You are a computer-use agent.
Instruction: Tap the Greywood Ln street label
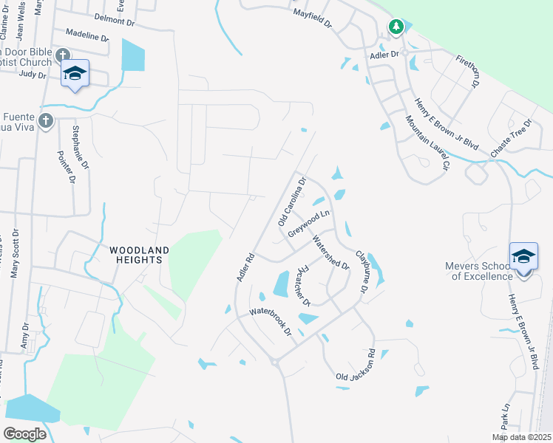click(x=308, y=222)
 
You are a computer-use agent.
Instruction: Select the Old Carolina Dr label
click(x=291, y=202)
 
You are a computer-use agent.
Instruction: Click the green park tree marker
click(x=396, y=27)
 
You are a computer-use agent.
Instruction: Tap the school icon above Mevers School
click(x=523, y=256)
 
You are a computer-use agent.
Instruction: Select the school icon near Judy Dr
click(x=75, y=72)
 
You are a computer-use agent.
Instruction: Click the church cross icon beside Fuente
click(x=47, y=120)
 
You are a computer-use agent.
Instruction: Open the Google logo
click(x=24, y=433)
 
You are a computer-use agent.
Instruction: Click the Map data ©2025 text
click(x=522, y=437)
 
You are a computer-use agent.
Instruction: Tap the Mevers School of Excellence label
click(x=478, y=271)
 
